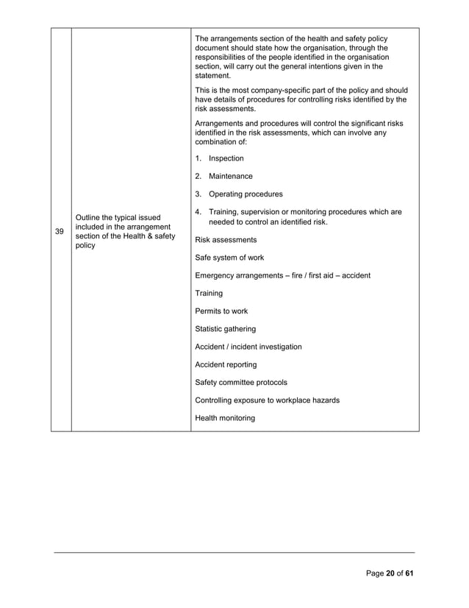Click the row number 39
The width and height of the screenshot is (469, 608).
pyautogui.click(x=60, y=231)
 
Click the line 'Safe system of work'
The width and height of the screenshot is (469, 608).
pyautogui.click(x=229, y=258)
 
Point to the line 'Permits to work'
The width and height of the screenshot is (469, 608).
pyautogui.click(x=221, y=311)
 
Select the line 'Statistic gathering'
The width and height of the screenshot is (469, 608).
pyautogui.click(x=226, y=329)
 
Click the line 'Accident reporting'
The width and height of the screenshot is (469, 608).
pyautogui.click(x=226, y=364)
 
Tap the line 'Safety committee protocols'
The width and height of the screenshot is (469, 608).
pyautogui.click(x=241, y=383)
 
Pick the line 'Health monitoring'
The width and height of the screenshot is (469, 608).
pyautogui.click(x=225, y=418)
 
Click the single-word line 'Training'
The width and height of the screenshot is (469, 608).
pyautogui.click(x=209, y=293)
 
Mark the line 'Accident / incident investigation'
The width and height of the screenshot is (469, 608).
pyautogui.click(x=248, y=347)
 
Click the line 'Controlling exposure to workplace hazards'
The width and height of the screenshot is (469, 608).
pyautogui.click(x=267, y=400)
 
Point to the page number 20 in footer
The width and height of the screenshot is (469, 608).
pyautogui.click(x=391, y=574)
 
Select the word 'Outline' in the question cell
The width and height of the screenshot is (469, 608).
pyautogui.click(x=89, y=216)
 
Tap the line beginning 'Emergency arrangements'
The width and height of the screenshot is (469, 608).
pyautogui.click(x=282, y=275)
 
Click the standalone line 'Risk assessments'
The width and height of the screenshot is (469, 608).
pyautogui.click(x=226, y=240)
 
